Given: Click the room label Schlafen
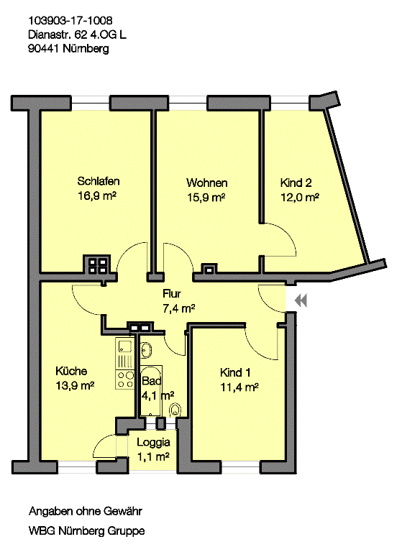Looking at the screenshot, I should pyautogui.click(x=99, y=181).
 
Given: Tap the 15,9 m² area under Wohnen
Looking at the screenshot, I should pyautogui.click(x=206, y=197).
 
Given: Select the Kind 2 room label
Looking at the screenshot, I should pyautogui.click(x=296, y=183).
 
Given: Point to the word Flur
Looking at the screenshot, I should pyautogui.click(x=171, y=294).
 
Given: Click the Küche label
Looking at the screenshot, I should pyautogui.click(x=71, y=372).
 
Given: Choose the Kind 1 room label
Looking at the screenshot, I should pyautogui.click(x=235, y=372).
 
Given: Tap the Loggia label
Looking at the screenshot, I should pyautogui.click(x=153, y=443).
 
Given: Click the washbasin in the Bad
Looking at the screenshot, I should pyautogui.click(x=146, y=351).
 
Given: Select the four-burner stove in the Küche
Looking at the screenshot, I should pyautogui.click(x=124, y=379).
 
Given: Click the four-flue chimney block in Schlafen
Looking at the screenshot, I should pyautogui.click(x=97, y=264).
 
